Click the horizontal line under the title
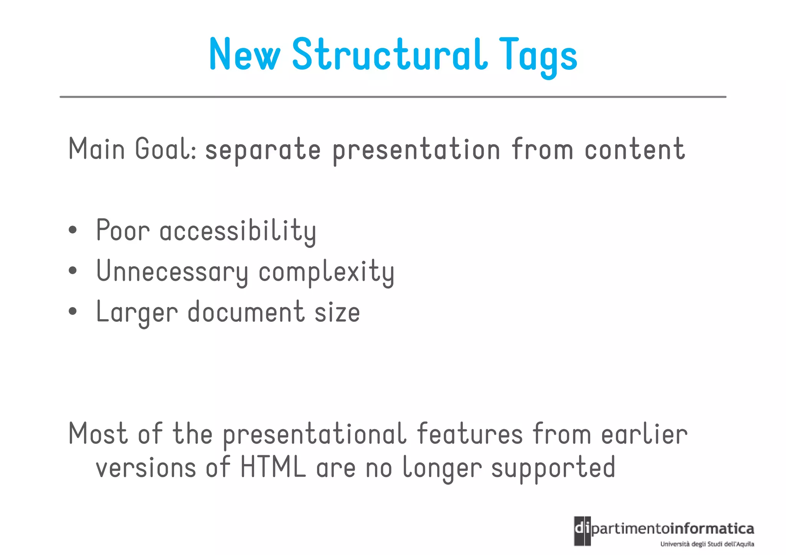click(393, 97)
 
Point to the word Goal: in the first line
click(166, 149)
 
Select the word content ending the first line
click(634, 149)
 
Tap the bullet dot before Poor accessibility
click(73, 230)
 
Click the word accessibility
click(238, 231)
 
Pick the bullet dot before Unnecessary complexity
click(73, 271)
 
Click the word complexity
click(326, 272)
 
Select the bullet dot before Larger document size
click(73, 311)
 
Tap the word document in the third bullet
click(246, 312)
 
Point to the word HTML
click(273, 468)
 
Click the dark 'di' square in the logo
click(582, 531)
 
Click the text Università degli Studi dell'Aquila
click(707, 544)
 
